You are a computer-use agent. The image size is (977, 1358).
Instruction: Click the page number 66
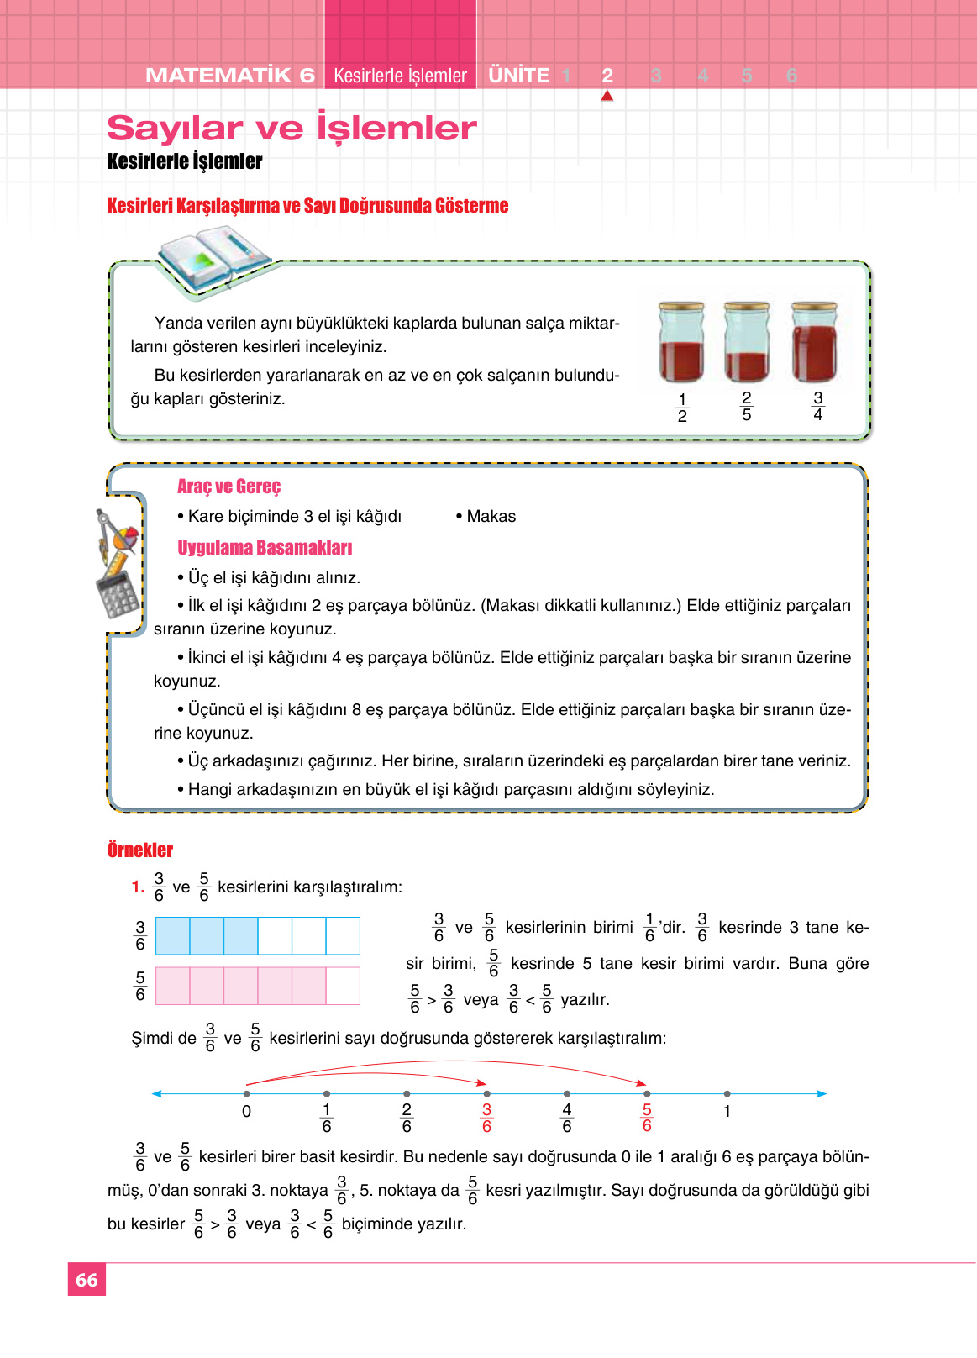point(87,1280)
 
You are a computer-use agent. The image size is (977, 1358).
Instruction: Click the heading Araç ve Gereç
point(228,487)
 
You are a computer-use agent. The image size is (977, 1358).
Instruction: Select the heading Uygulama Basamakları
point(265,548)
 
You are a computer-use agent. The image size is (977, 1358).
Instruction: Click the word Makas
point(491,516)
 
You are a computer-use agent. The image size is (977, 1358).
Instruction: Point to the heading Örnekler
point(140,850)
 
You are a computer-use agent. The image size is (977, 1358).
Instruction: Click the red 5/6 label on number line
point(647,1118)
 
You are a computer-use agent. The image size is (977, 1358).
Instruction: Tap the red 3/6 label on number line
point(486,1118)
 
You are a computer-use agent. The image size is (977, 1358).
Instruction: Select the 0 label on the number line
point(246,1111)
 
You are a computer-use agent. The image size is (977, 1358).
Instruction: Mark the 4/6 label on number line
point(567,1118)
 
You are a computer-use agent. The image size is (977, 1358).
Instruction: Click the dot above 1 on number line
point(727,1093)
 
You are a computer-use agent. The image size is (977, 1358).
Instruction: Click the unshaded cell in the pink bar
point(343,986)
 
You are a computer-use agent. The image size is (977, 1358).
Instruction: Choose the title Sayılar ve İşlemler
point(292,128)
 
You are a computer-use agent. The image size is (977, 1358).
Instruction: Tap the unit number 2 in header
point(607,76)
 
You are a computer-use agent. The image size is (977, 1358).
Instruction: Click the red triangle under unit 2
point(607,96)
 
